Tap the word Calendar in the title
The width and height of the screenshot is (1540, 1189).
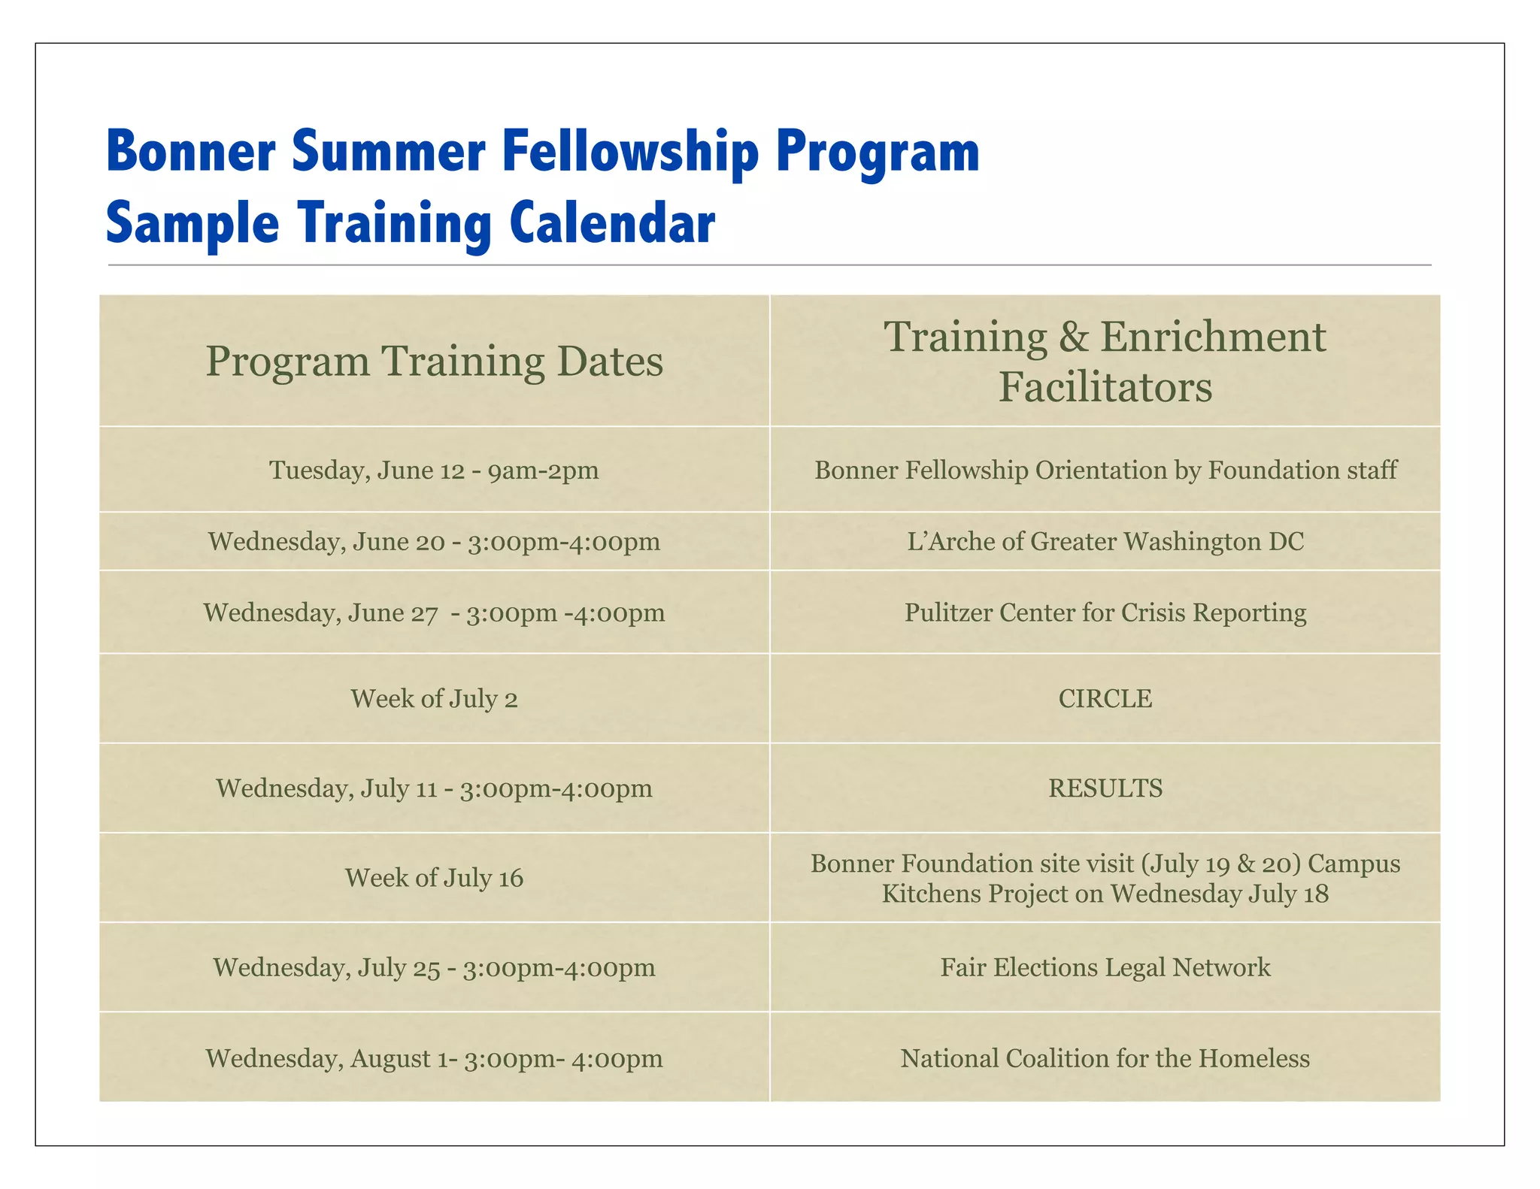[x=612, y=223]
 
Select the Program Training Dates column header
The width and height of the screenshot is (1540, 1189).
[x=434, y=362]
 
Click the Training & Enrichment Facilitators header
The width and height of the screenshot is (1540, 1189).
[x=1105, y=362]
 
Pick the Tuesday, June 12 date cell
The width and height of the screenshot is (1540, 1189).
[x=434, y=470]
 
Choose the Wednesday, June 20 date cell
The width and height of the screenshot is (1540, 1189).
[x=434, y=542]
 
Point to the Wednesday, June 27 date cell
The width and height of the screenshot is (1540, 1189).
[x=434, y=613]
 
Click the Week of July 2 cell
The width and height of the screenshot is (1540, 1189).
[x=434, y=699]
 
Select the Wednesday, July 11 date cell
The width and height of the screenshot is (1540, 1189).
[x=434, y=788]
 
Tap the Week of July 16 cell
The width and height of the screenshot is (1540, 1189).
[x=434, y=878]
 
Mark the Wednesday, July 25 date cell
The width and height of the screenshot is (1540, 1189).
[x=434, y=967]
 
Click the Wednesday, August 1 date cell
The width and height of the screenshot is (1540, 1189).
[x=434, y=1058]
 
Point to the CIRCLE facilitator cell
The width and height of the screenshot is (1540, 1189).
[x=1105, y=699]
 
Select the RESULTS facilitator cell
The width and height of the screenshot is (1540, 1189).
[x=1105, y=788]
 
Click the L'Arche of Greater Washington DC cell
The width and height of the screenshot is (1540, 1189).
[x=1105, y=542]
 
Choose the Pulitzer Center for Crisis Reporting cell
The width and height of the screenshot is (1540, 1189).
[x=1105, y=613]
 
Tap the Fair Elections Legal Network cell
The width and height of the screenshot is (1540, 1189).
[x=1105, y=967]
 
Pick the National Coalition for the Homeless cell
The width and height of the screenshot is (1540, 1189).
[x=1105, y=1058]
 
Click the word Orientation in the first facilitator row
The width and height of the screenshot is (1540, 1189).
[x=1097, y=470]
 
